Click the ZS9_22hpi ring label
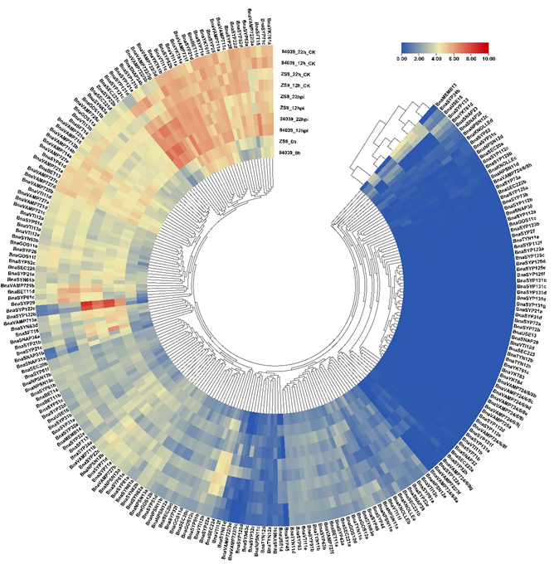[294, 97]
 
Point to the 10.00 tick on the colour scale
[487, 61]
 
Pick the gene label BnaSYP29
[22, 305]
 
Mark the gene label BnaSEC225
[21, 269]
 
